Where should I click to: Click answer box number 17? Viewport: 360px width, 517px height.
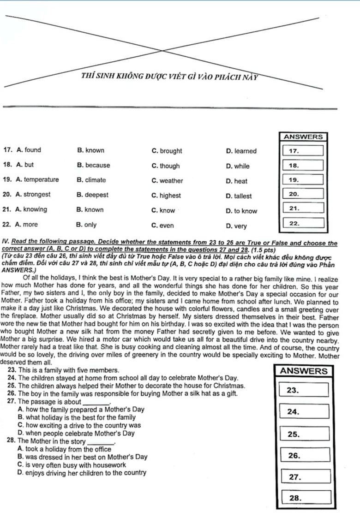(303, 150)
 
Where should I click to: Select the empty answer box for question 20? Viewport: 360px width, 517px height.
(303, 195)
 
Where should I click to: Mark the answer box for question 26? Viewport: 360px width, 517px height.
(306, 455)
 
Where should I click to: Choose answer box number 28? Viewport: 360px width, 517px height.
(306, 498)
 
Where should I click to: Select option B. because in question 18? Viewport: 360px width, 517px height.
(94, 166)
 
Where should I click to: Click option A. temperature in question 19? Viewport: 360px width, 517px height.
(37, 180)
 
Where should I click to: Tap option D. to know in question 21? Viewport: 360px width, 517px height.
(241, 211)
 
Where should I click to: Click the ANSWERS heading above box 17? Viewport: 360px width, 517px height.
(303, 137)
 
